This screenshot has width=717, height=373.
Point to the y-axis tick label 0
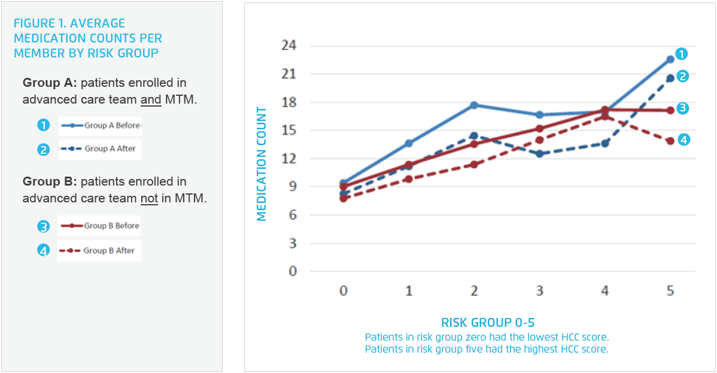(x=293, y=271)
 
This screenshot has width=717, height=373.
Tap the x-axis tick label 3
(x=539, y=291)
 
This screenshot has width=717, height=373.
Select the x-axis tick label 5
(x=670, y=291)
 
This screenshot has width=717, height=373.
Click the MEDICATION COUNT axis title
(x=262, y=164)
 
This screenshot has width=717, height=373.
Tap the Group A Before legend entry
(x=100, y=126)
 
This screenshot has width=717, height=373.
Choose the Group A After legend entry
(x=100, y=148)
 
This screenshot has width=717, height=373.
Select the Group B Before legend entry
(x=99, y=226)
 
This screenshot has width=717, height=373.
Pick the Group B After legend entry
(x=99, y=251)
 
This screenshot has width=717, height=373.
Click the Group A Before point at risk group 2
(x=474, y=105)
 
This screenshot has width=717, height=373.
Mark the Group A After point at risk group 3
(x=539, y=154)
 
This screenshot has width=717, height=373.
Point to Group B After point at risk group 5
(x=670, y=141)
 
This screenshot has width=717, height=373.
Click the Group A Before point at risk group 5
(x=670, y=59)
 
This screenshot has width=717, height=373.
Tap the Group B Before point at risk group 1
(x=409, y=165)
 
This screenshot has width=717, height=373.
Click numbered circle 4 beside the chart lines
(x=684, y=140)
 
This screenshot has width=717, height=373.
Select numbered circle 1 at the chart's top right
(x=680, y=54)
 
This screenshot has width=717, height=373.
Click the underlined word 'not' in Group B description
(x=149, y=198)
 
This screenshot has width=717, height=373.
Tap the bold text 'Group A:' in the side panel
(x=49, y=83)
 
